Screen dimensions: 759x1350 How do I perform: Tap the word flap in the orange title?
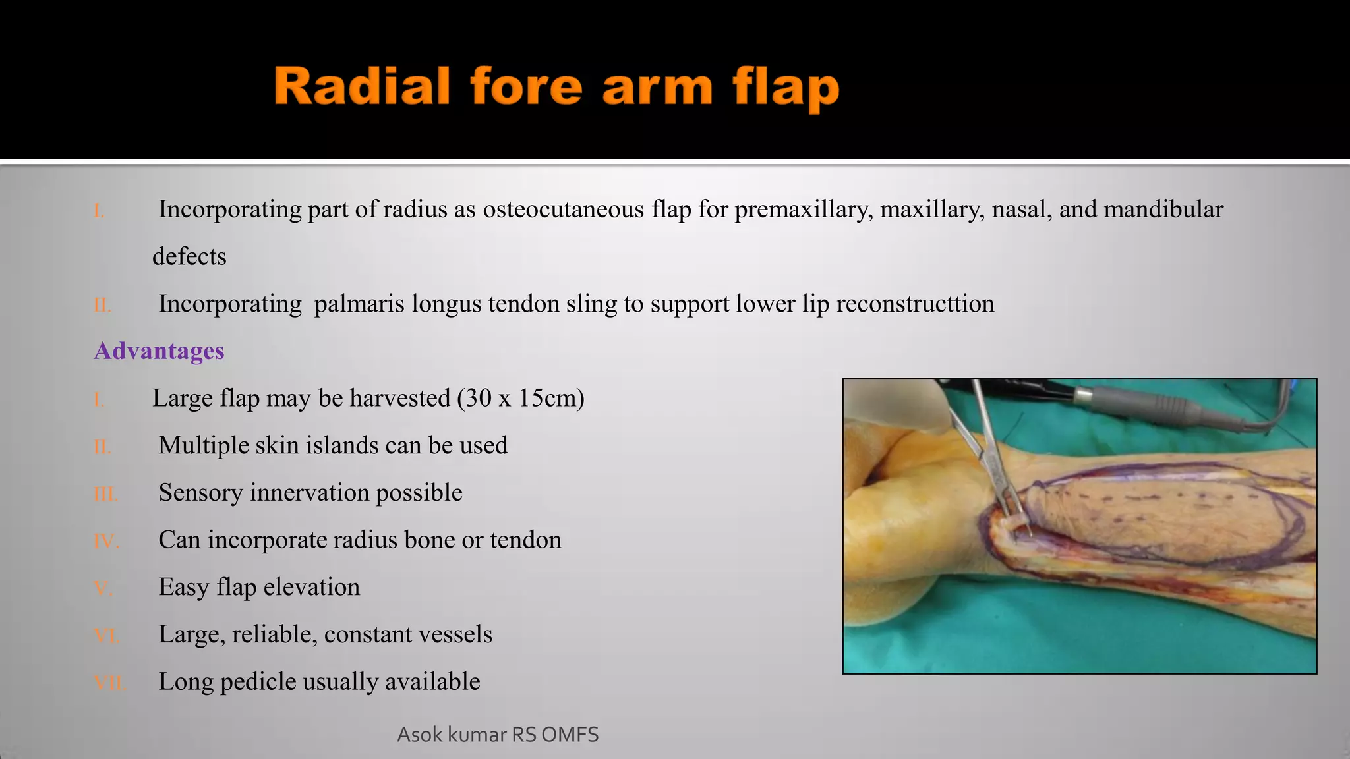[x=785, y=89]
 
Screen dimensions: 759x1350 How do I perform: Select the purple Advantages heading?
[x=159, y=351]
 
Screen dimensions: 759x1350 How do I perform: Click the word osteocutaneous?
[x=564, y=210]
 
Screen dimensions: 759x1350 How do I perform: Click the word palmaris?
[x=359, y=304]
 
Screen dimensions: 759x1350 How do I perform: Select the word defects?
[x=189, y=256]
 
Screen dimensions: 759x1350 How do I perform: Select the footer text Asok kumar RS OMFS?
[x=498, y=735]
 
